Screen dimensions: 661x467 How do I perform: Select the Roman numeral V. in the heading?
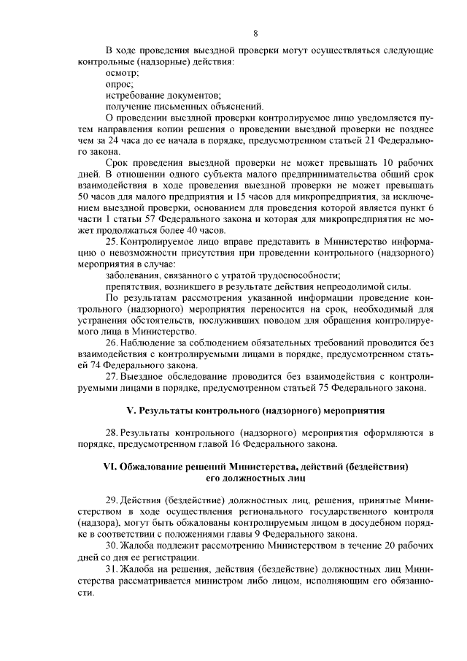[x=133, y=411]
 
